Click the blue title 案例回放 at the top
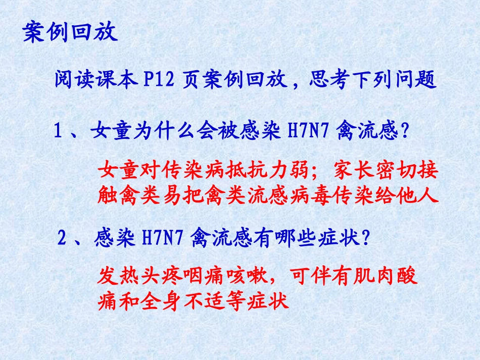click(70, 33)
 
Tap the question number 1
click(58, 133)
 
